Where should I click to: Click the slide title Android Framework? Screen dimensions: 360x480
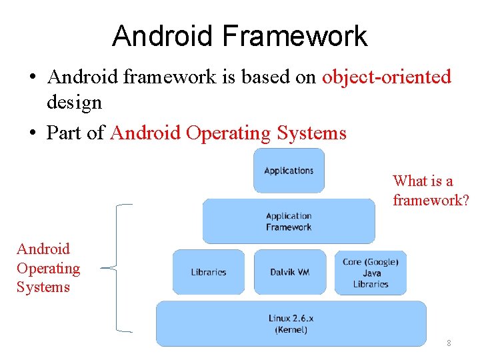tap(239, 36)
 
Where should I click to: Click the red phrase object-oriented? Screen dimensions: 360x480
tap(386, 77)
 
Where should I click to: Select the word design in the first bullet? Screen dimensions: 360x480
tap(73, 103)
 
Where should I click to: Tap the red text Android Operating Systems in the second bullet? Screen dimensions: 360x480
tap(228, 133)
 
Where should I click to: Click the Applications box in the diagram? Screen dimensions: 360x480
tap(289, 171)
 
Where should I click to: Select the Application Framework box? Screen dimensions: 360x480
tap(289, 221)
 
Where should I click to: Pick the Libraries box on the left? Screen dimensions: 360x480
tap(209, 272)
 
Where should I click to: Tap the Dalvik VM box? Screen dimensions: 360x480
tap(289, 272)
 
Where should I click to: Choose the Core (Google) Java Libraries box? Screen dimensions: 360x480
tap(371, 273)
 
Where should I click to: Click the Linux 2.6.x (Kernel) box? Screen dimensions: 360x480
tap(291, 324)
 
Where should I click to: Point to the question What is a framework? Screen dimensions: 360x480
tap(431, 191)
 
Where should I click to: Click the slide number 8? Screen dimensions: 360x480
tap(449, 343)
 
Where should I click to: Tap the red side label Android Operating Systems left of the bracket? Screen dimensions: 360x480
tap(47, 268)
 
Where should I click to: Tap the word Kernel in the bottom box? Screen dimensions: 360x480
tap(291, 330)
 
